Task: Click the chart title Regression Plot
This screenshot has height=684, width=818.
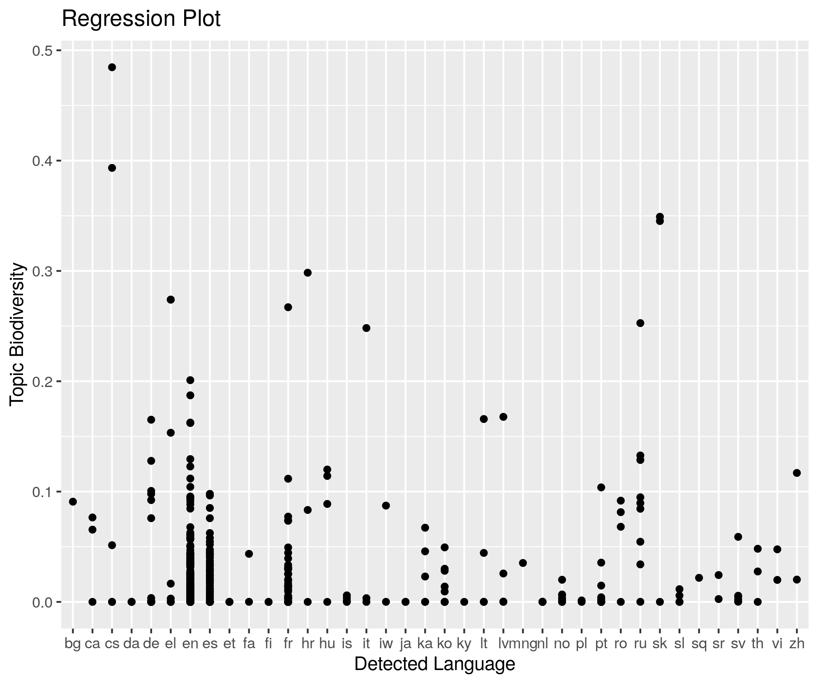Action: [x=141, y=19]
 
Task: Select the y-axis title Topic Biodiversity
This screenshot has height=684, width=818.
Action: [x=18, y=335]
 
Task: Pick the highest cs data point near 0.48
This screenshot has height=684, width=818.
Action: [x=112, y=67]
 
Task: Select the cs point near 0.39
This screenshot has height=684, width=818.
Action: [x=112, y=168]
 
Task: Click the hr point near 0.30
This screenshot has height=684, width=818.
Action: [x=307, y=273]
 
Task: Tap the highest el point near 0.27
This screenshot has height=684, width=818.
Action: [x=171, y=299]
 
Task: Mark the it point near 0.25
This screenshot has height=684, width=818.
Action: [x=366, y=328]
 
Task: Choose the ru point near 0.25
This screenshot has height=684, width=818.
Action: [x=640, y=323]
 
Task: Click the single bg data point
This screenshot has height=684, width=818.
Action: [x=73, y=502]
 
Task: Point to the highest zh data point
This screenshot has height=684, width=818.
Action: [x=797, y=473]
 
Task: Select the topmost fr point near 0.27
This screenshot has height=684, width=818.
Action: [x=288, y=307]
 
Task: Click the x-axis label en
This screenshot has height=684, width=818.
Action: [x=190, y=644]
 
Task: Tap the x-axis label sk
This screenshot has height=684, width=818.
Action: [x=660, y=644]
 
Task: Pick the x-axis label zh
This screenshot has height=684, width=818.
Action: [x=797, y=644]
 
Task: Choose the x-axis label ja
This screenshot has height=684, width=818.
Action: [x=405, y=644]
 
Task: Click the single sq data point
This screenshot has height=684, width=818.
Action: [x=699, y=578]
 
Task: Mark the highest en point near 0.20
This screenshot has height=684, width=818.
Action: [x=190, y=380]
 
